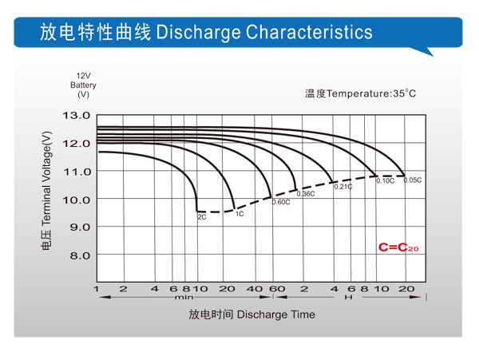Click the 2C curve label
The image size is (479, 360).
pyautogui.click(x=202, y=217)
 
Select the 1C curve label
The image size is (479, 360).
pyautogui.click(x=239, y=214)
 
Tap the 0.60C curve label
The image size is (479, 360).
pyautogui.click(x=281, y=202)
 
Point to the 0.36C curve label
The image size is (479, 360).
pyautogui.click(x=306, y=194)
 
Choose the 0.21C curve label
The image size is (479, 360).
pyautogui.click(x=343, y=187)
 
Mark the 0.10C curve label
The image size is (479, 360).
pyautogui.click(x=386, y=180)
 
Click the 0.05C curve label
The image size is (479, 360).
pyautogui.click(x=413, y=180)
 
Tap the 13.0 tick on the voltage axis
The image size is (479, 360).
pyautogui.click(x=77, y=116)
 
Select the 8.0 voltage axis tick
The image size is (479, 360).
pyautogui.click(x=80, y=255)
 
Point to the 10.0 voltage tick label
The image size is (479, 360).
pyautogui.click(x=77, y=200)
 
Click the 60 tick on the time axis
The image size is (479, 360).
pyautogui.click(x=277, y=289)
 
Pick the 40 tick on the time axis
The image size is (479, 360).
pyautogui.click(x=255, y=289)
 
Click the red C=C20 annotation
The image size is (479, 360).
pyautogui.click(x=398, y=247)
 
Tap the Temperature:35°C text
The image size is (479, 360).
pyautogui.click(x=371, y=93)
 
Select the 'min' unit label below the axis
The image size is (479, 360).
pyautogui.click(x=184, y=297)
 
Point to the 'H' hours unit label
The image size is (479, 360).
pyautogui.click(x=349, y=297)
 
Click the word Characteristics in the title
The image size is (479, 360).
pyautogui.click(x=309, y=32)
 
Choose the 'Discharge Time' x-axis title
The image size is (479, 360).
pyautogui.click(x=276, y=315)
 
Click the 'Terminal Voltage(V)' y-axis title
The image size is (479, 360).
pyautogui.click(x=46, y=179)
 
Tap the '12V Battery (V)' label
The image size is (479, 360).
pyautogui.click(x=83, y=85)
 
